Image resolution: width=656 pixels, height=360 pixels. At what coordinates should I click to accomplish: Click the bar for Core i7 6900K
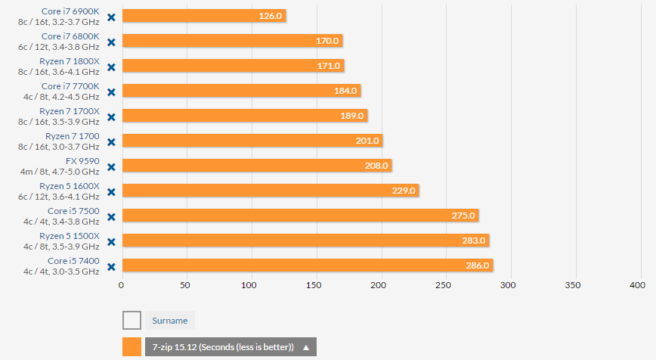point(203,16)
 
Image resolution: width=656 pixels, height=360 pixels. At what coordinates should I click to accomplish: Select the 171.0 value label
point(329,66)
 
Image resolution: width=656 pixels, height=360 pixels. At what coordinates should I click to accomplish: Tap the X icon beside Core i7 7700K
point(111,92)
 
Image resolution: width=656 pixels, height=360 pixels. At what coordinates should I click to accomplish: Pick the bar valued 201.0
point(251,141)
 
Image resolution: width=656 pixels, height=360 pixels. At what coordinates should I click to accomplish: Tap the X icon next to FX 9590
point(111,166)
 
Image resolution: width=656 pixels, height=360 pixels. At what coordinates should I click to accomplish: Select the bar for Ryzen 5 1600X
point(269,191)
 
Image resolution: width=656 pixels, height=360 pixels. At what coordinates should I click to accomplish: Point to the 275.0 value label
point(463,216)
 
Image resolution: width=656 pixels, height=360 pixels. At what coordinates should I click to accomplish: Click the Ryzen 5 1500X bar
point(305,241)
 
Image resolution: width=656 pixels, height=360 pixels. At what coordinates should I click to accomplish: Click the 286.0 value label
point(478,265)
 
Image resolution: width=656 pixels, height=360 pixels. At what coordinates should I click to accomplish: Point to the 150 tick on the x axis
point(314,285)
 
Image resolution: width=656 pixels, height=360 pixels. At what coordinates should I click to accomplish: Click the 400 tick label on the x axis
point(637,285)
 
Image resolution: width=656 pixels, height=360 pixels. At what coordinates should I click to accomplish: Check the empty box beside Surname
point(132,320)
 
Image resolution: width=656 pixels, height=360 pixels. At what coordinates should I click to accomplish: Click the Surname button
point(170,320)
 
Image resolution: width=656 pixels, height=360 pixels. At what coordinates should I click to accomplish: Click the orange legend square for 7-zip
point(132,347)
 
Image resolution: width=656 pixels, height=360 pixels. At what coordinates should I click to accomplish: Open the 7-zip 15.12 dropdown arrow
point(306,347)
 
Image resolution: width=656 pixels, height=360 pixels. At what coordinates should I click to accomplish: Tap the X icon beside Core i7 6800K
point(111,42)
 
